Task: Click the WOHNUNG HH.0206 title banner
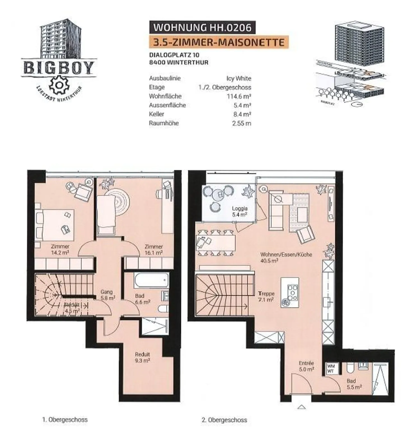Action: click(202, 27)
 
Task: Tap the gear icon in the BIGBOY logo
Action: click(58, 85)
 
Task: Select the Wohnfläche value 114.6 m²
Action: click(239, 96)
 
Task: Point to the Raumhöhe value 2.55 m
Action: click(241, 123)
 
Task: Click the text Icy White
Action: click(239, 78)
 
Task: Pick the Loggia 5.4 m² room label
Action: click(240, 211)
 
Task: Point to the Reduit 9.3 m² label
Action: click(142, 357)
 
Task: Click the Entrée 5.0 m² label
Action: click(306, 366)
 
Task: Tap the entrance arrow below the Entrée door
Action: click(301, 407)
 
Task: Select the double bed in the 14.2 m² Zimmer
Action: click(55, 225)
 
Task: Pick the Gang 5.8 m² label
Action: click(107, 295)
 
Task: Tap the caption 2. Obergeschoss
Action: click(224, 420)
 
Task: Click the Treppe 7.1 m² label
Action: click(266, 297)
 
